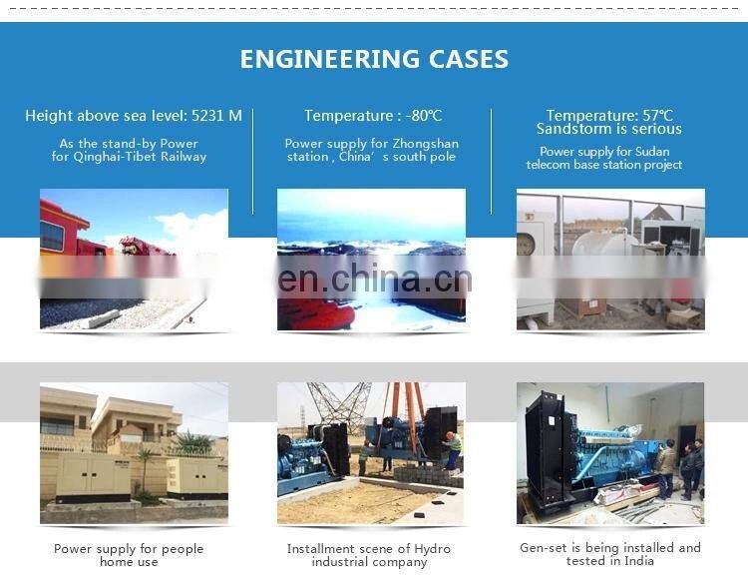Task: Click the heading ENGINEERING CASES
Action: click(374, 59)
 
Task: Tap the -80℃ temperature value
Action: click(422, 116)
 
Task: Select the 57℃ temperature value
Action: click(655, 116)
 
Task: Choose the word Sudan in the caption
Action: click(657, 152)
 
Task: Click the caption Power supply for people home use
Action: click(129, 555)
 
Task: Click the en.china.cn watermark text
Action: click(374, 278)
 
